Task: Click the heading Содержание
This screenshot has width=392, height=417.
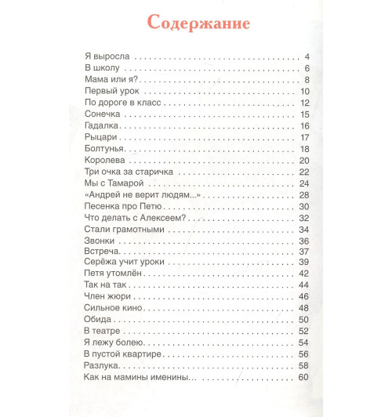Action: point(196,23)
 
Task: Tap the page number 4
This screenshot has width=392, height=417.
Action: point(308,58)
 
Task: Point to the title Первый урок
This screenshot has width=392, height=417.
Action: point(111,92)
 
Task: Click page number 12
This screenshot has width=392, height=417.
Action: point(306,103)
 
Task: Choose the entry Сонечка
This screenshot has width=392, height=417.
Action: point(101,114)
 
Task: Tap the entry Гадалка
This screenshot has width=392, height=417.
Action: point(100,126)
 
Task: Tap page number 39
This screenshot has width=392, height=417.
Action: point(306,261)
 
